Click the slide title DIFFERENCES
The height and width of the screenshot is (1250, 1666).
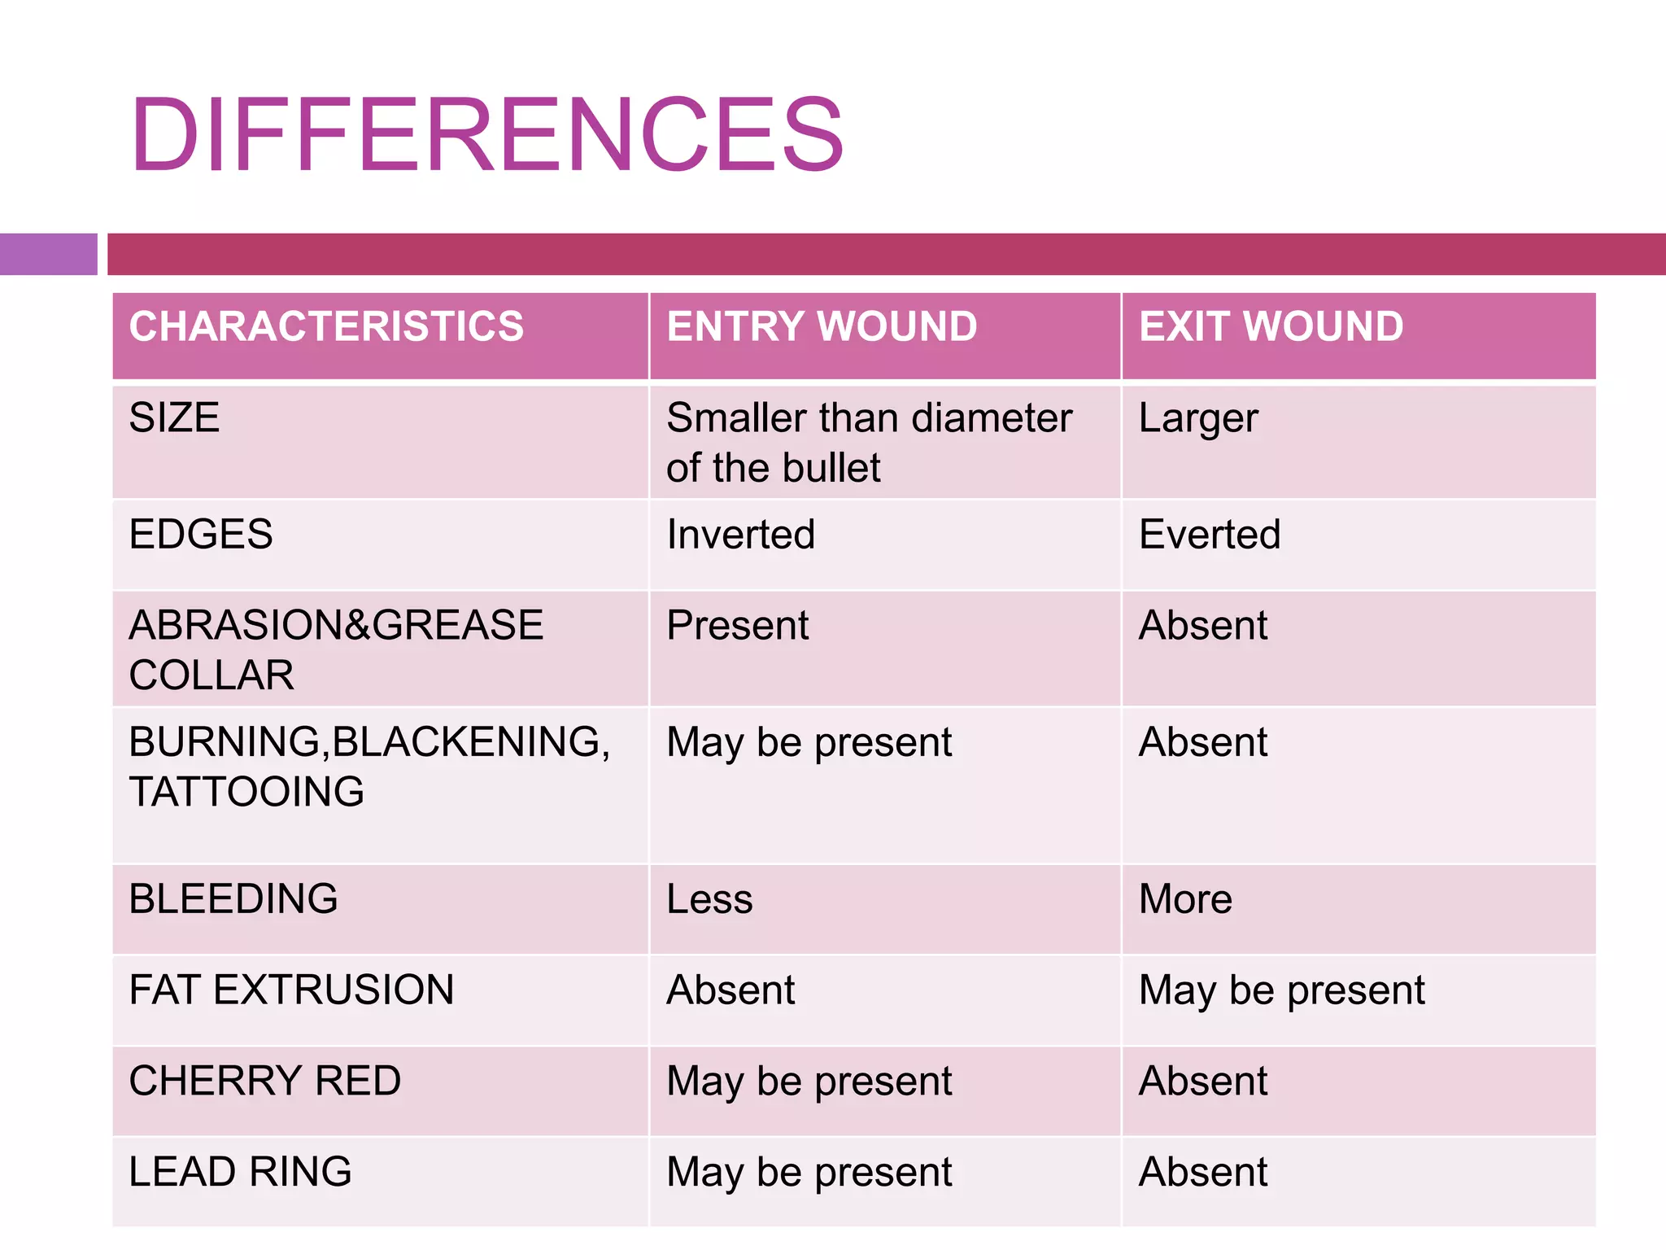tap(486, 135)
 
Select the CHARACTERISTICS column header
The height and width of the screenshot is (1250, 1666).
tap(326, 326)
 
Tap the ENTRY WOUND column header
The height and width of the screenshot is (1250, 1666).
tap(822, 326)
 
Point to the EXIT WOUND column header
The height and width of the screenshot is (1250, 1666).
tap(1271, 326)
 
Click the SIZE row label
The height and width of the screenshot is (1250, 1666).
tap(174, 418)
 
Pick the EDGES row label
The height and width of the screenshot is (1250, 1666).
tap(201, 535)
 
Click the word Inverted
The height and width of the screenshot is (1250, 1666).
tap(740, 535)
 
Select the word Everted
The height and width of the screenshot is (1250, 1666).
tap(1210, 535)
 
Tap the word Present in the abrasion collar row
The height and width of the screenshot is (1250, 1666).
tap(737, 626)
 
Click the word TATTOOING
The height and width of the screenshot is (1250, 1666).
tap(246, 792)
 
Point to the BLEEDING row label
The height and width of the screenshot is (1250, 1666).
tap(233, 899)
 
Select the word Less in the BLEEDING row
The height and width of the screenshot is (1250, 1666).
tap(709, 899)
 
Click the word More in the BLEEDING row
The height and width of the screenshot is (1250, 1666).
tap(1185, 899)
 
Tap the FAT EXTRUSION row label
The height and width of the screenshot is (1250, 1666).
tap(291, 990)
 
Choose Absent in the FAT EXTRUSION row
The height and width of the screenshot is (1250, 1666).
tap(731, 990)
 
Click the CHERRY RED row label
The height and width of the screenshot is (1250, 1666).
tap(265, 1081)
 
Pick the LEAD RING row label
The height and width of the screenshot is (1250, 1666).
tap(240, 1172)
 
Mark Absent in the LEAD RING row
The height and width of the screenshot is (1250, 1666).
tap(1203, 1172)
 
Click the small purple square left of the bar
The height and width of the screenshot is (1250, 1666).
tap(48, 254)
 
